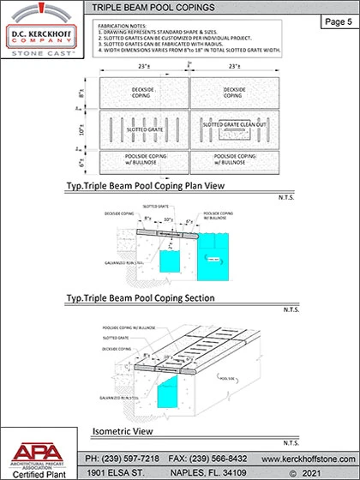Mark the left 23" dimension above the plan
[x=144, y=66]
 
